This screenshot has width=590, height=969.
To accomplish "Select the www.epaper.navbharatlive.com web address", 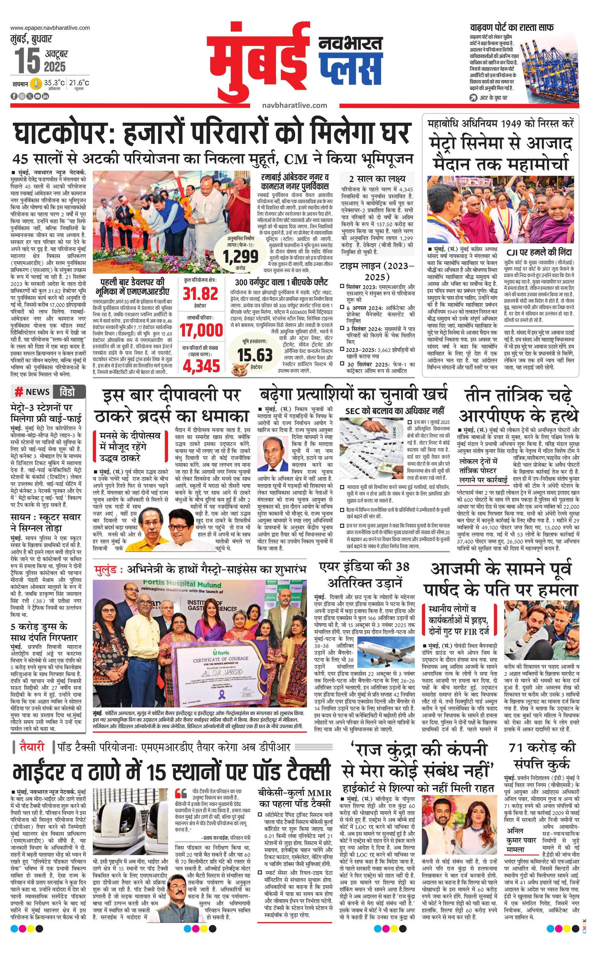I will click(x=50, y=28).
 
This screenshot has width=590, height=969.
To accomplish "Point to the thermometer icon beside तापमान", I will click(x=37, y=84).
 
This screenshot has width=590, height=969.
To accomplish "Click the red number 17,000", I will click(x=201, y=330).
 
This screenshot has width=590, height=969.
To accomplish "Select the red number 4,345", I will click(x=201, y=366).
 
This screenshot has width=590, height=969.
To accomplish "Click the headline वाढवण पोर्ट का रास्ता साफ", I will click(x=512, y=28).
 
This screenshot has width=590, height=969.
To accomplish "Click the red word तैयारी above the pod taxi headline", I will click(x=33, y=747).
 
